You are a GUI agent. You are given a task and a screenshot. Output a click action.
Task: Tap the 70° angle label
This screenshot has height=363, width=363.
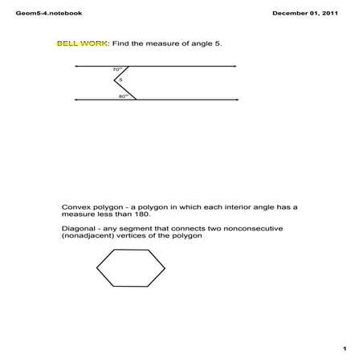point(117,71)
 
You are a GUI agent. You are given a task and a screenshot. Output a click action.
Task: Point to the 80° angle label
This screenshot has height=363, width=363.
point(123,96)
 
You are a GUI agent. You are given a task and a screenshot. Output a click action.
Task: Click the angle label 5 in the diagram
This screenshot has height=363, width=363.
point(120,80)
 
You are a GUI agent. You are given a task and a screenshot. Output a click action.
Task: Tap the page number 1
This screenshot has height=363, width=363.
point(343,349)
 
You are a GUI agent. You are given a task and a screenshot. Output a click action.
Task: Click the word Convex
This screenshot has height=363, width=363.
point(77,207)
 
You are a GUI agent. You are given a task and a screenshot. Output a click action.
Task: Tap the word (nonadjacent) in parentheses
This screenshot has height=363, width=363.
point(89,237)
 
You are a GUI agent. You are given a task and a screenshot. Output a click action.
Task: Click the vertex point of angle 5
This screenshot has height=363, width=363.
point(114,81)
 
